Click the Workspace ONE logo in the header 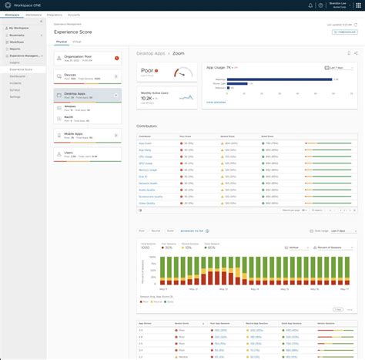pyautogui.click(x=24, y=5)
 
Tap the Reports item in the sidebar pyautogui.click(x=15, y=49)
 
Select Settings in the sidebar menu pyautogui.click(x=15, y=96)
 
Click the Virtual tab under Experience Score pyautogui.click(x=77, y=41)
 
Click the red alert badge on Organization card pyautogui.click(x=116, y=57)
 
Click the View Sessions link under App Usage pyautogui.click(x=216, y=102)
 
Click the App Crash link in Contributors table pyautogui.click(x=144, y=143)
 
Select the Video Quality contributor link pyautogui.click(x=146, y=204)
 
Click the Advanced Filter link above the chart pyautogui.click(x=193, y=230)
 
